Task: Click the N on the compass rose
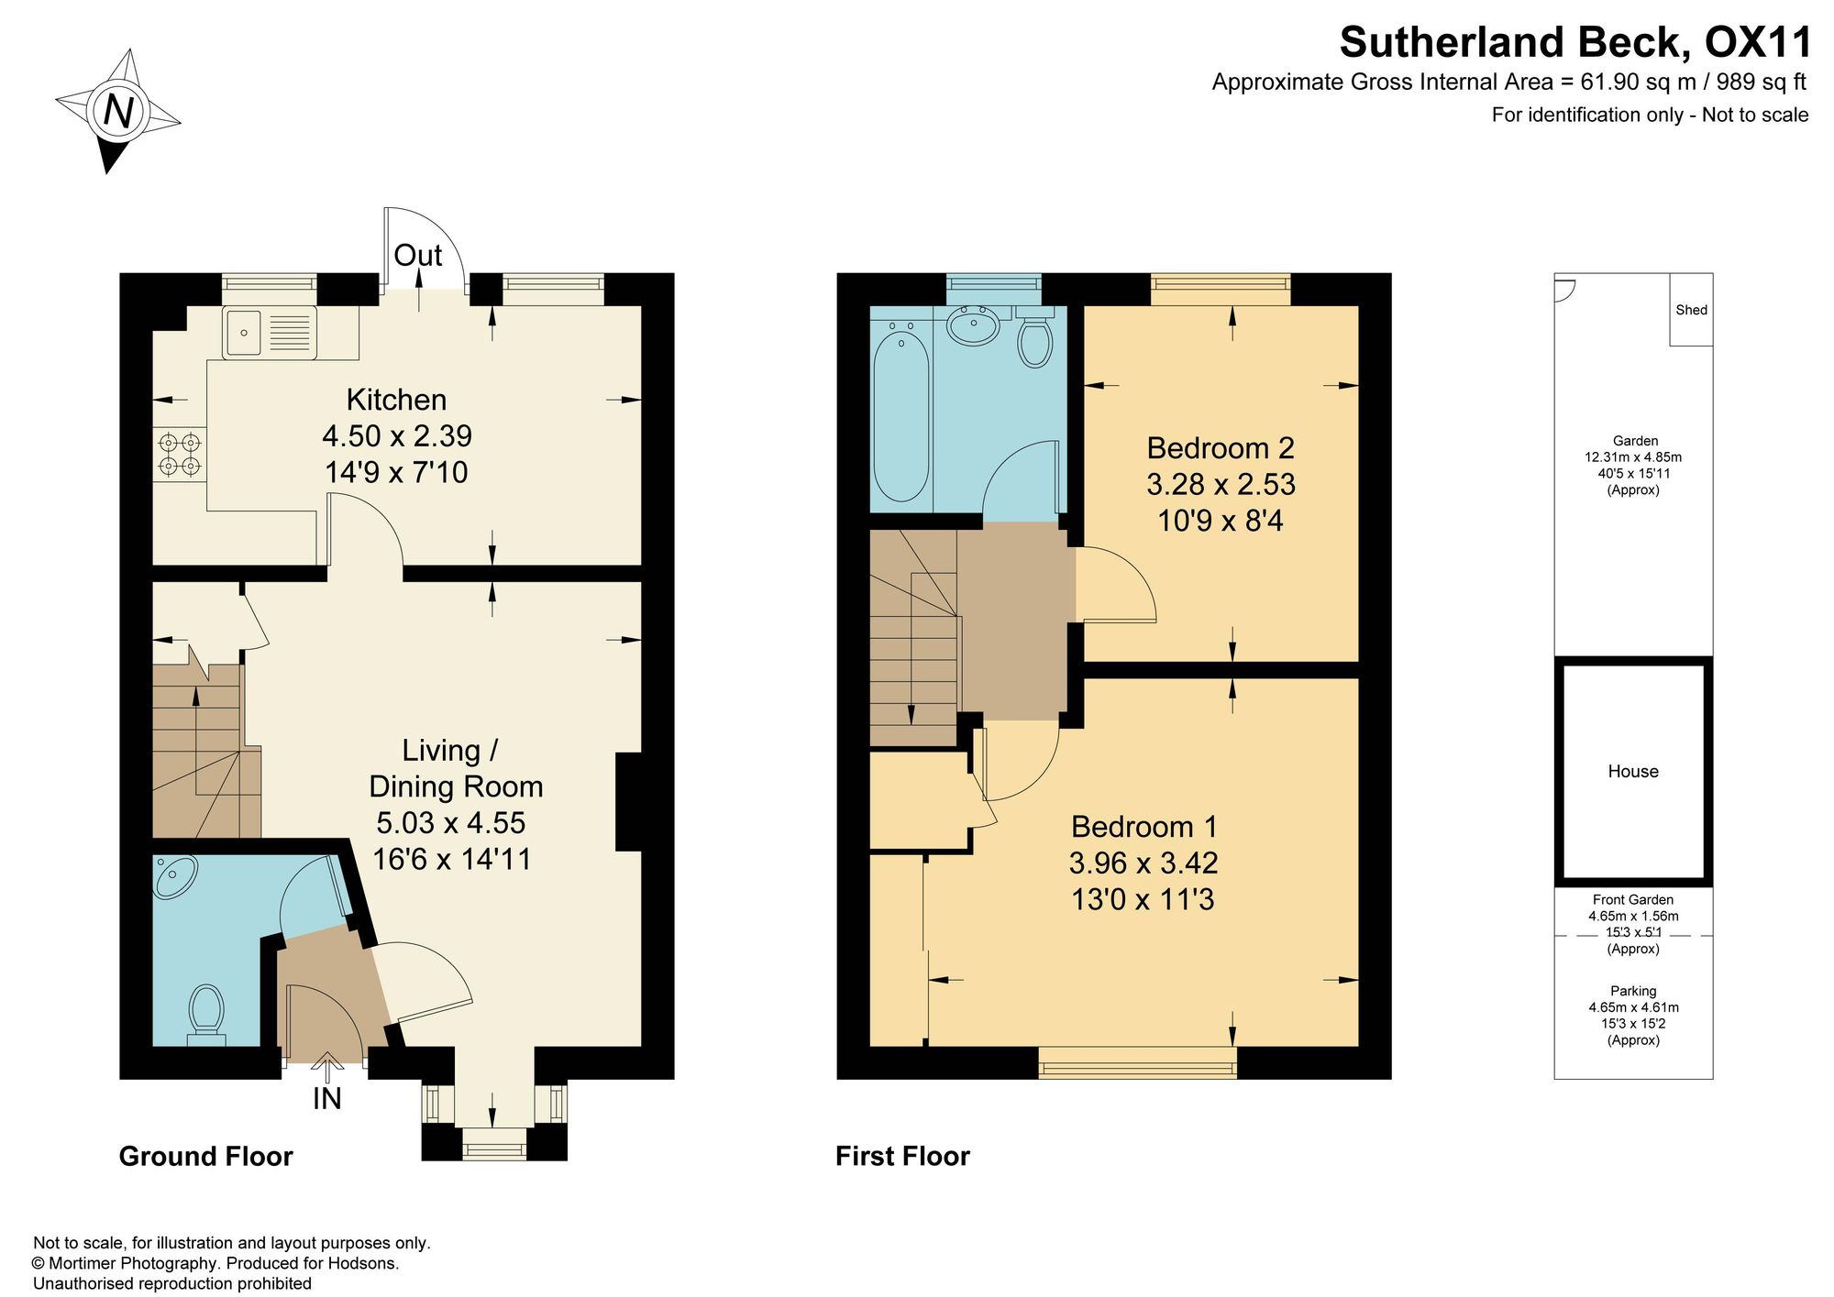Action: point(118,111)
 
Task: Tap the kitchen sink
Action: point(270,332)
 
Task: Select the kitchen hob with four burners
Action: point(180,456)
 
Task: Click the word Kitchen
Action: point(396,400)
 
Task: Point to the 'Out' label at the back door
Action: point(418,255)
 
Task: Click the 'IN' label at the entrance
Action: point(327,1098)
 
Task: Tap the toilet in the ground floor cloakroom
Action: point(206,1014)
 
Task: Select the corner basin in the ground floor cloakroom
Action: point(173,875)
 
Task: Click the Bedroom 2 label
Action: point(1221,448)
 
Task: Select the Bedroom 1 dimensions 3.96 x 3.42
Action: point(1143,863)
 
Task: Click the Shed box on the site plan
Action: point(1691,310)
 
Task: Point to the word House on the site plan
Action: point(1633,772)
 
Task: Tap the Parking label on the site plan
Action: point(1633,991)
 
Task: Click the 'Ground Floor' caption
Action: point(206,1157)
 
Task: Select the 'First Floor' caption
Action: point(903,1157)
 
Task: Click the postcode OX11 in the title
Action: point(1758,42)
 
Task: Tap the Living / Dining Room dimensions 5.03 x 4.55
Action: point(451,823)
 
